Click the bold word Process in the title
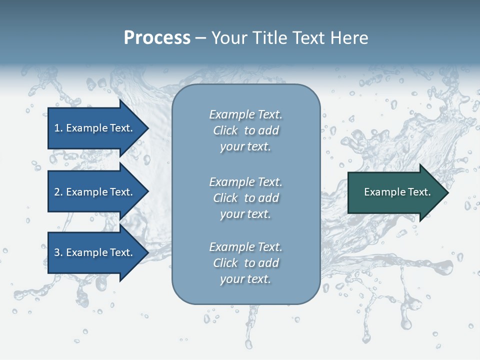click(157, 38)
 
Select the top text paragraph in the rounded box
click(245, 130)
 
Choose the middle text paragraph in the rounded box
click(245, 198)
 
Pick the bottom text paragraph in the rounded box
click(245, 263)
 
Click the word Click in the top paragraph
click(225, 130)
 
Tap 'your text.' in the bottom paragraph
click(245, 279)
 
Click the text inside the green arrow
click(397, 192)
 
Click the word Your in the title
click(228, 38)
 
